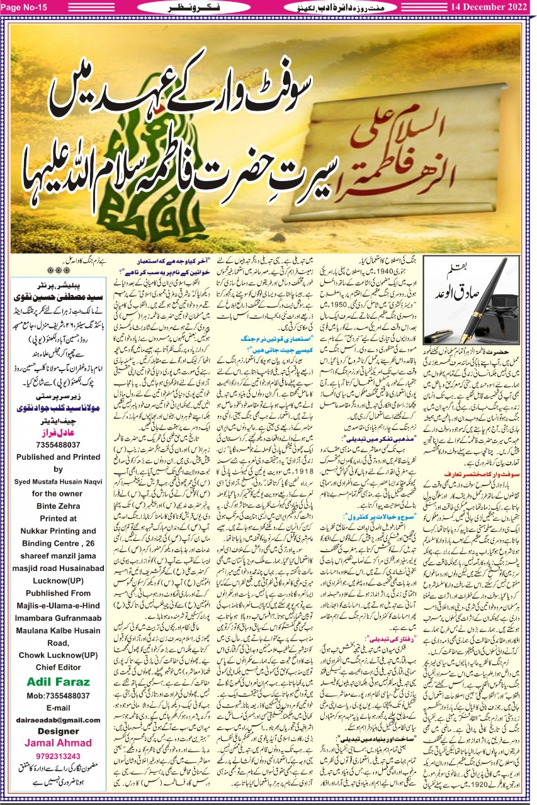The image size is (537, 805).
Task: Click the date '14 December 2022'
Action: coord(491,7)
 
